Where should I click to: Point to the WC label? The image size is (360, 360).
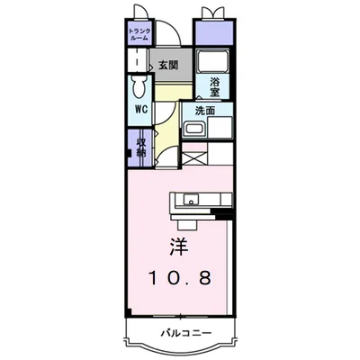coord(141,110)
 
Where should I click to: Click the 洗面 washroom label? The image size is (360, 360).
coord(205,111)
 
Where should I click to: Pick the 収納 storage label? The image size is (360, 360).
coord(141,146)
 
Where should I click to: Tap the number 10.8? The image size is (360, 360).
coord(179,279)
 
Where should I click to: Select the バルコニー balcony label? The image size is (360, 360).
coord(180,333)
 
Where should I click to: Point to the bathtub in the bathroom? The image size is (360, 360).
coord(214,64)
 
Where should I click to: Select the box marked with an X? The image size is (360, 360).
coord(194,155)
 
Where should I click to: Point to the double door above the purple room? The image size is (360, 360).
coord(213,13)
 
